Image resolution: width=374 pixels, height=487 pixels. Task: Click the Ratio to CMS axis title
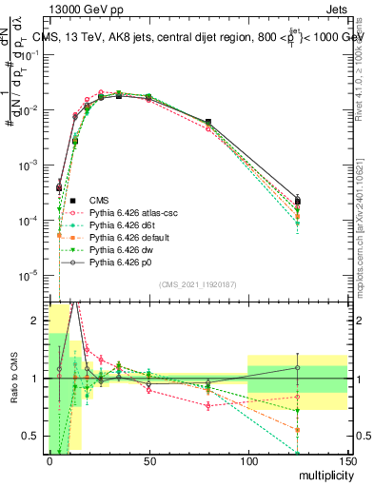[16, 380]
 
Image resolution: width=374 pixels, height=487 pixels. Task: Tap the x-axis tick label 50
[148, 459]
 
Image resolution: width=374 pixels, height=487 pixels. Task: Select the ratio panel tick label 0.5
[33, 437]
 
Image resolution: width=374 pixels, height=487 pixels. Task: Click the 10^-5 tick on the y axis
[30, 276]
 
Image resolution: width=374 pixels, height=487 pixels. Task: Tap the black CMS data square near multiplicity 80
[208, 122]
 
